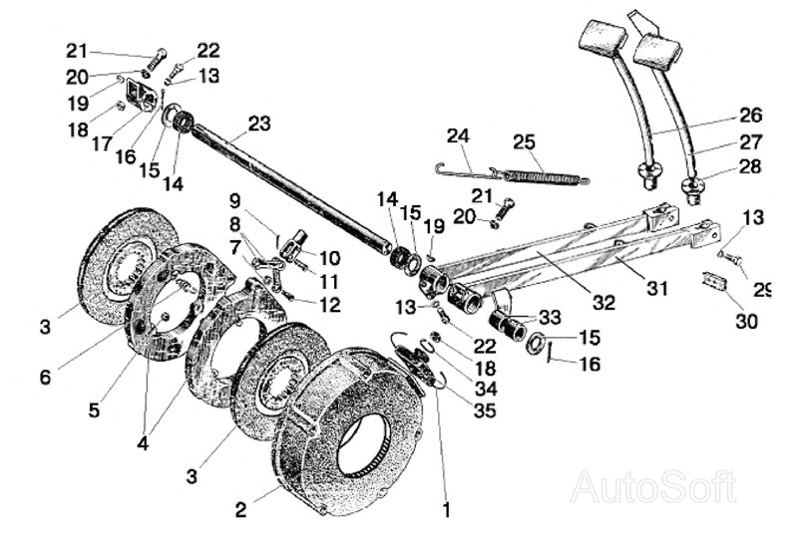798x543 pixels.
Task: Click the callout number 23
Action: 259,124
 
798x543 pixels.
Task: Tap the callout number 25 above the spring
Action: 525,141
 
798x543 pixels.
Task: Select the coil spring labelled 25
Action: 546,177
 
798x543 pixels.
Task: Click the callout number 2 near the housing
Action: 240,509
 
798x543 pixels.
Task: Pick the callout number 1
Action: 446,510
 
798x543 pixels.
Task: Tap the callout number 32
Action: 603,303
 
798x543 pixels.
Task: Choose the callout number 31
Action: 657,288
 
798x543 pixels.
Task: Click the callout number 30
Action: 746,322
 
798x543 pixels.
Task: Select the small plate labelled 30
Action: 715,281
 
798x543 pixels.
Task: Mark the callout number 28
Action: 750,166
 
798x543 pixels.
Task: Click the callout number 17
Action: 102,143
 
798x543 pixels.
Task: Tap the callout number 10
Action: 329,258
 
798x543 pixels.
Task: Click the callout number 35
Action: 485,410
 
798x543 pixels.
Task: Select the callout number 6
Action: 45,378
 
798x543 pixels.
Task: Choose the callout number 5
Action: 94,409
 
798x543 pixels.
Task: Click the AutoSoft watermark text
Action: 653,487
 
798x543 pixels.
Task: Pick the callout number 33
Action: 550,318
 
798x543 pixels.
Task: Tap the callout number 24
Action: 458,136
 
